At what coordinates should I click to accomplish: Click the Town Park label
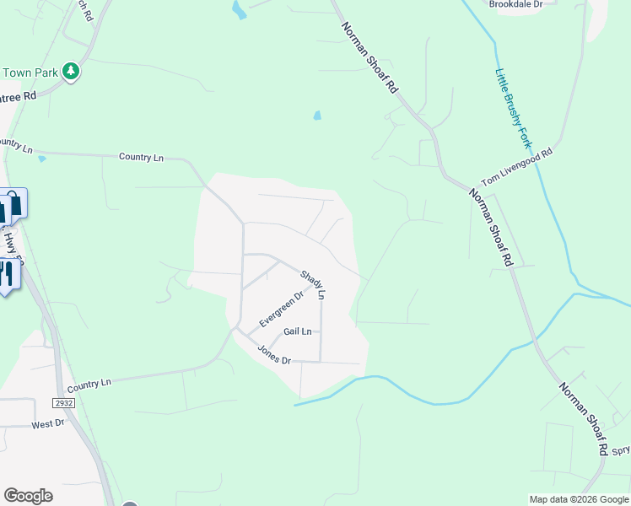(30, 73)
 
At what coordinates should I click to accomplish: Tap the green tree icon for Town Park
(71, 72)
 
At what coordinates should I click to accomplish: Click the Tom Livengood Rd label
(515, 168)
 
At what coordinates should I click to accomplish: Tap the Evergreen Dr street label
(281, 310)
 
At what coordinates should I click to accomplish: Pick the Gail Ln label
(297, 331)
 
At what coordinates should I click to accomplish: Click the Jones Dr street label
(274, 355)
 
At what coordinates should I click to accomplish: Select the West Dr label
(48, 423)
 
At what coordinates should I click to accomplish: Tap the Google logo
(28, 496)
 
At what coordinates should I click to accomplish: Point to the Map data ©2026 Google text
(579, 499)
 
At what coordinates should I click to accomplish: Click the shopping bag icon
(13, 203)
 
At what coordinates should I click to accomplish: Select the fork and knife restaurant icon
(6, 275)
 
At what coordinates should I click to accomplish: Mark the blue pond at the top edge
(239, 9)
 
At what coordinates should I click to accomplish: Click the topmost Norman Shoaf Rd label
(369, 57)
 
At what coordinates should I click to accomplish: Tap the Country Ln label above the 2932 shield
(89, 384)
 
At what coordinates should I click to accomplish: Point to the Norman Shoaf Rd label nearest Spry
(583, 418)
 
